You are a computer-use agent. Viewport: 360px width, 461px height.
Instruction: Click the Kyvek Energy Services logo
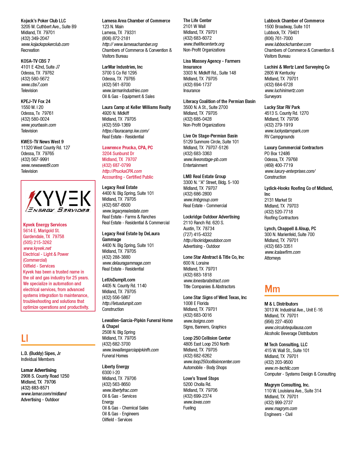[58, 201]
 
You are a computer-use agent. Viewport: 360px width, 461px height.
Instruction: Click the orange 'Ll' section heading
[25, 338]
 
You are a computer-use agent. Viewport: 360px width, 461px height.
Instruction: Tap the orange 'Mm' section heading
[272, 289]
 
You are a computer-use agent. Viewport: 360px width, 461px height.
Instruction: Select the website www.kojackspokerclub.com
[45, 44]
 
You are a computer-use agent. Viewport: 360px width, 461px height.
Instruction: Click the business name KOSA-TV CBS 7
[35, 61]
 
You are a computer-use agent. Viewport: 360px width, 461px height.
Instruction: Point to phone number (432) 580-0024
[35, 119]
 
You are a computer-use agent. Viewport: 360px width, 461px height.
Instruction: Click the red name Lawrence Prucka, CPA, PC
[127, 148]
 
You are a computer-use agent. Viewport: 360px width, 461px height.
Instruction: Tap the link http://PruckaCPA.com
[122, 171]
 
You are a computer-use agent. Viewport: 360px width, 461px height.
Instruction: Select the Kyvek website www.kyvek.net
[37, 248]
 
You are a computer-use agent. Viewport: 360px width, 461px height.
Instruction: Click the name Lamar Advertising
[39, 370]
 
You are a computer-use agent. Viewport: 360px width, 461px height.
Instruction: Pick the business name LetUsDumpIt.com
[119, 280]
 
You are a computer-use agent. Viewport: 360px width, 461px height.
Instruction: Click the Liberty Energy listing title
[116, 367]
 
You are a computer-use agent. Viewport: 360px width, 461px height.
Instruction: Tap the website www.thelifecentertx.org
[204, 44]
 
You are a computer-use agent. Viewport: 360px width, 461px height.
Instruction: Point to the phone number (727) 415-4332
[197, 234]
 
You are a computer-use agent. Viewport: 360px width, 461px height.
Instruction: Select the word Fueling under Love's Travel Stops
[189, 408]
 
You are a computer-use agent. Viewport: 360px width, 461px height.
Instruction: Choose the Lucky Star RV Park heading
[282, 107]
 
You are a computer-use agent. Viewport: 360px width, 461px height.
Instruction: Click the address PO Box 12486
[277, 154]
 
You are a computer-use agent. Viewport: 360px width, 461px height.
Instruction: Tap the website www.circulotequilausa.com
[288, 328]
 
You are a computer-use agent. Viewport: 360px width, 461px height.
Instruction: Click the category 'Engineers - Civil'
[278, 414]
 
